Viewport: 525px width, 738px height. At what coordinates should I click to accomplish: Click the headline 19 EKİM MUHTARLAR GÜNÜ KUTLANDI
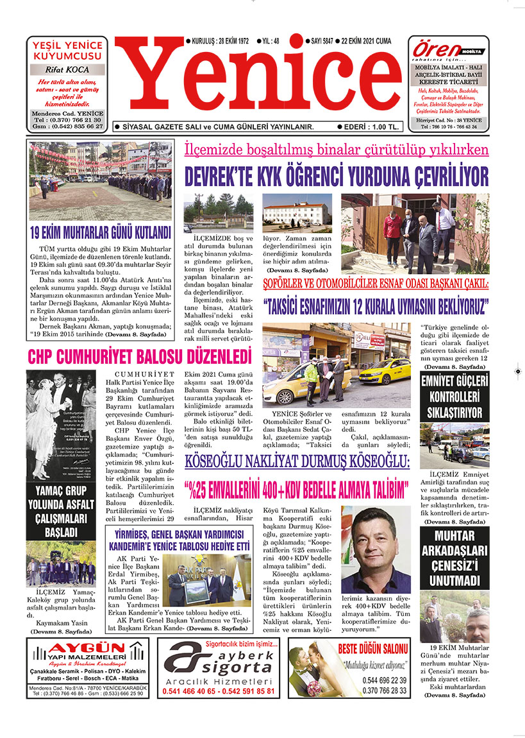click(x=101, y=232)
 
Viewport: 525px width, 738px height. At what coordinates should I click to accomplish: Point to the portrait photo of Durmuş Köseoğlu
click(x=376, y=550)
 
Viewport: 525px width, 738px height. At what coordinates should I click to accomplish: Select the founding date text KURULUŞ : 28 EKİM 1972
click(x=217, y=40)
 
